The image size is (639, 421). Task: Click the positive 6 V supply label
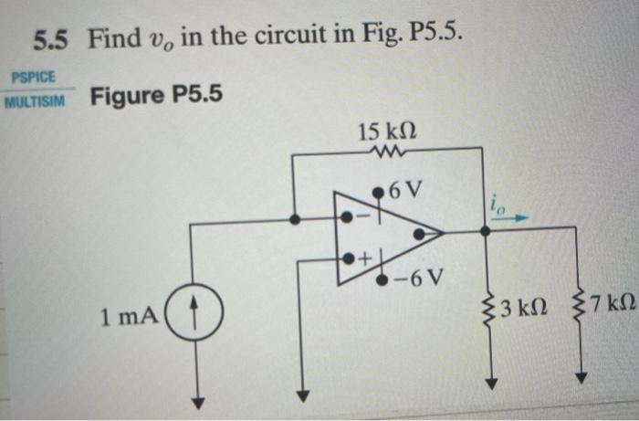coord(405,192)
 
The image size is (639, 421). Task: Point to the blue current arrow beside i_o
coord(514,219)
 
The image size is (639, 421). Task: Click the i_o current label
coord(496,205)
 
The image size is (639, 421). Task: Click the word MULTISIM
coord(35,100)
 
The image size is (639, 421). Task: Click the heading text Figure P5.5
coord(157,94)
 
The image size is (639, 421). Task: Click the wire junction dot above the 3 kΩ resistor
coord(485,232)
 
